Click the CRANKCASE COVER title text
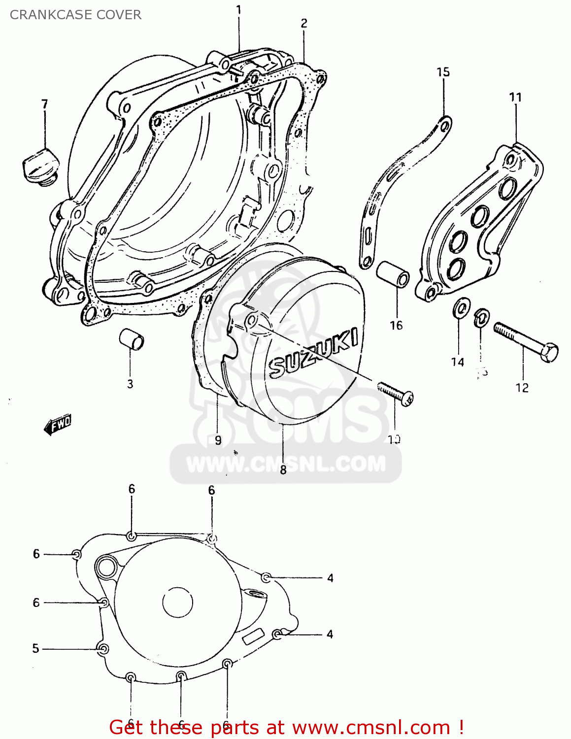(75, 15)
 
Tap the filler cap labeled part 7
(41, 168)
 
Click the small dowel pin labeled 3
(132, 340)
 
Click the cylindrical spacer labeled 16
(393, 274)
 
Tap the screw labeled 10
(396, 395)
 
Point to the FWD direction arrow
(58, 425)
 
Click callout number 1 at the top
(239, 10)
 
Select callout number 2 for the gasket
(304, 23)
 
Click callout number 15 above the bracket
(443, 72)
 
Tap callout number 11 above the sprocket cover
(515, 97)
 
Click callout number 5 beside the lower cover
(35, 648)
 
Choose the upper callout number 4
(330, 578)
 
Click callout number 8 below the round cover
(283, 470)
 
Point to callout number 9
(218, 440)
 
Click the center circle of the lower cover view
(177, 602)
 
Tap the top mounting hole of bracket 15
(444, 126)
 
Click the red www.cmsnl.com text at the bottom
(371, 727)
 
